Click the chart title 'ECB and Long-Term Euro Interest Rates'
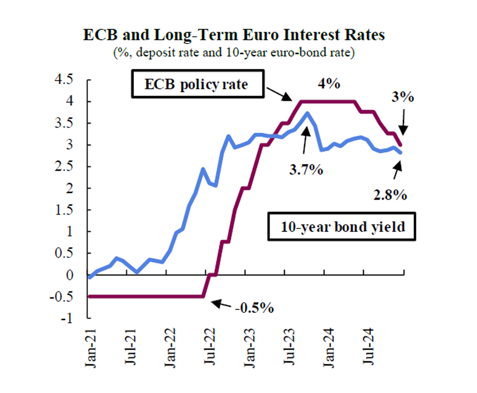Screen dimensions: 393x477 pos(234,36)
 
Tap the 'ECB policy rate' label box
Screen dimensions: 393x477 pos(197,85)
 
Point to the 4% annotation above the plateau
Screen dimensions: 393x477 pos(329,84)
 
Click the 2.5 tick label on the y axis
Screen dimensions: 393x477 pos(70,166)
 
